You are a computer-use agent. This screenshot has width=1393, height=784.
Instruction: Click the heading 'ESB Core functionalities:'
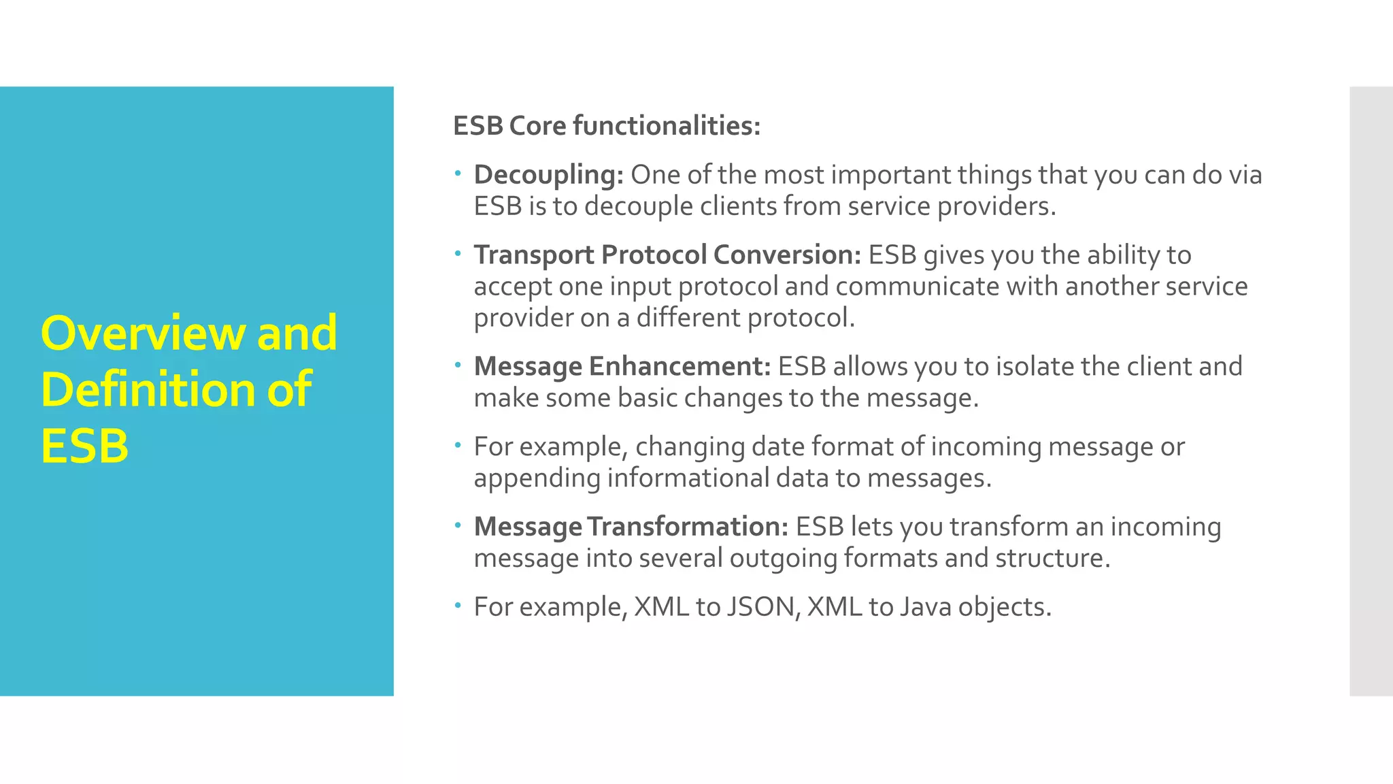tap(606, 126)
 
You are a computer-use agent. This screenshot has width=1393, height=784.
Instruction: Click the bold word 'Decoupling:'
tap(548, 175)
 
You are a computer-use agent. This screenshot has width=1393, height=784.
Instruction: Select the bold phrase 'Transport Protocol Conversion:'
tap(667, 255)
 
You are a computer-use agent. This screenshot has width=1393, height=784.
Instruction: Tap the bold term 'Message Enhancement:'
tap(622, 366)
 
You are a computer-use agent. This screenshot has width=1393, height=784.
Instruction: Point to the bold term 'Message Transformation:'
tap(631, 527)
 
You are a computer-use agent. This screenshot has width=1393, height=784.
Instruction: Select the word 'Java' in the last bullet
tap(925, 607)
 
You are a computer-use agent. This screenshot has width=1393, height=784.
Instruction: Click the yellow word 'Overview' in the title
tap(143, 333)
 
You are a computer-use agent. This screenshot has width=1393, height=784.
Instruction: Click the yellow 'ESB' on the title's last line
tap(84, 446)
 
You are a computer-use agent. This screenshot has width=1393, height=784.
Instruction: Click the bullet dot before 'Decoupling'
tap(458, 174)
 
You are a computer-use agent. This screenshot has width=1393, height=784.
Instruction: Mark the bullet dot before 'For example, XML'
tap(458, 606)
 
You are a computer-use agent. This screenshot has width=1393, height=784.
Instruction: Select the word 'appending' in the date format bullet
tap(537, 478)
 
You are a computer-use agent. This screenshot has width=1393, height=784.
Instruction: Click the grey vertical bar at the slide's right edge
tap(1371, 391)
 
